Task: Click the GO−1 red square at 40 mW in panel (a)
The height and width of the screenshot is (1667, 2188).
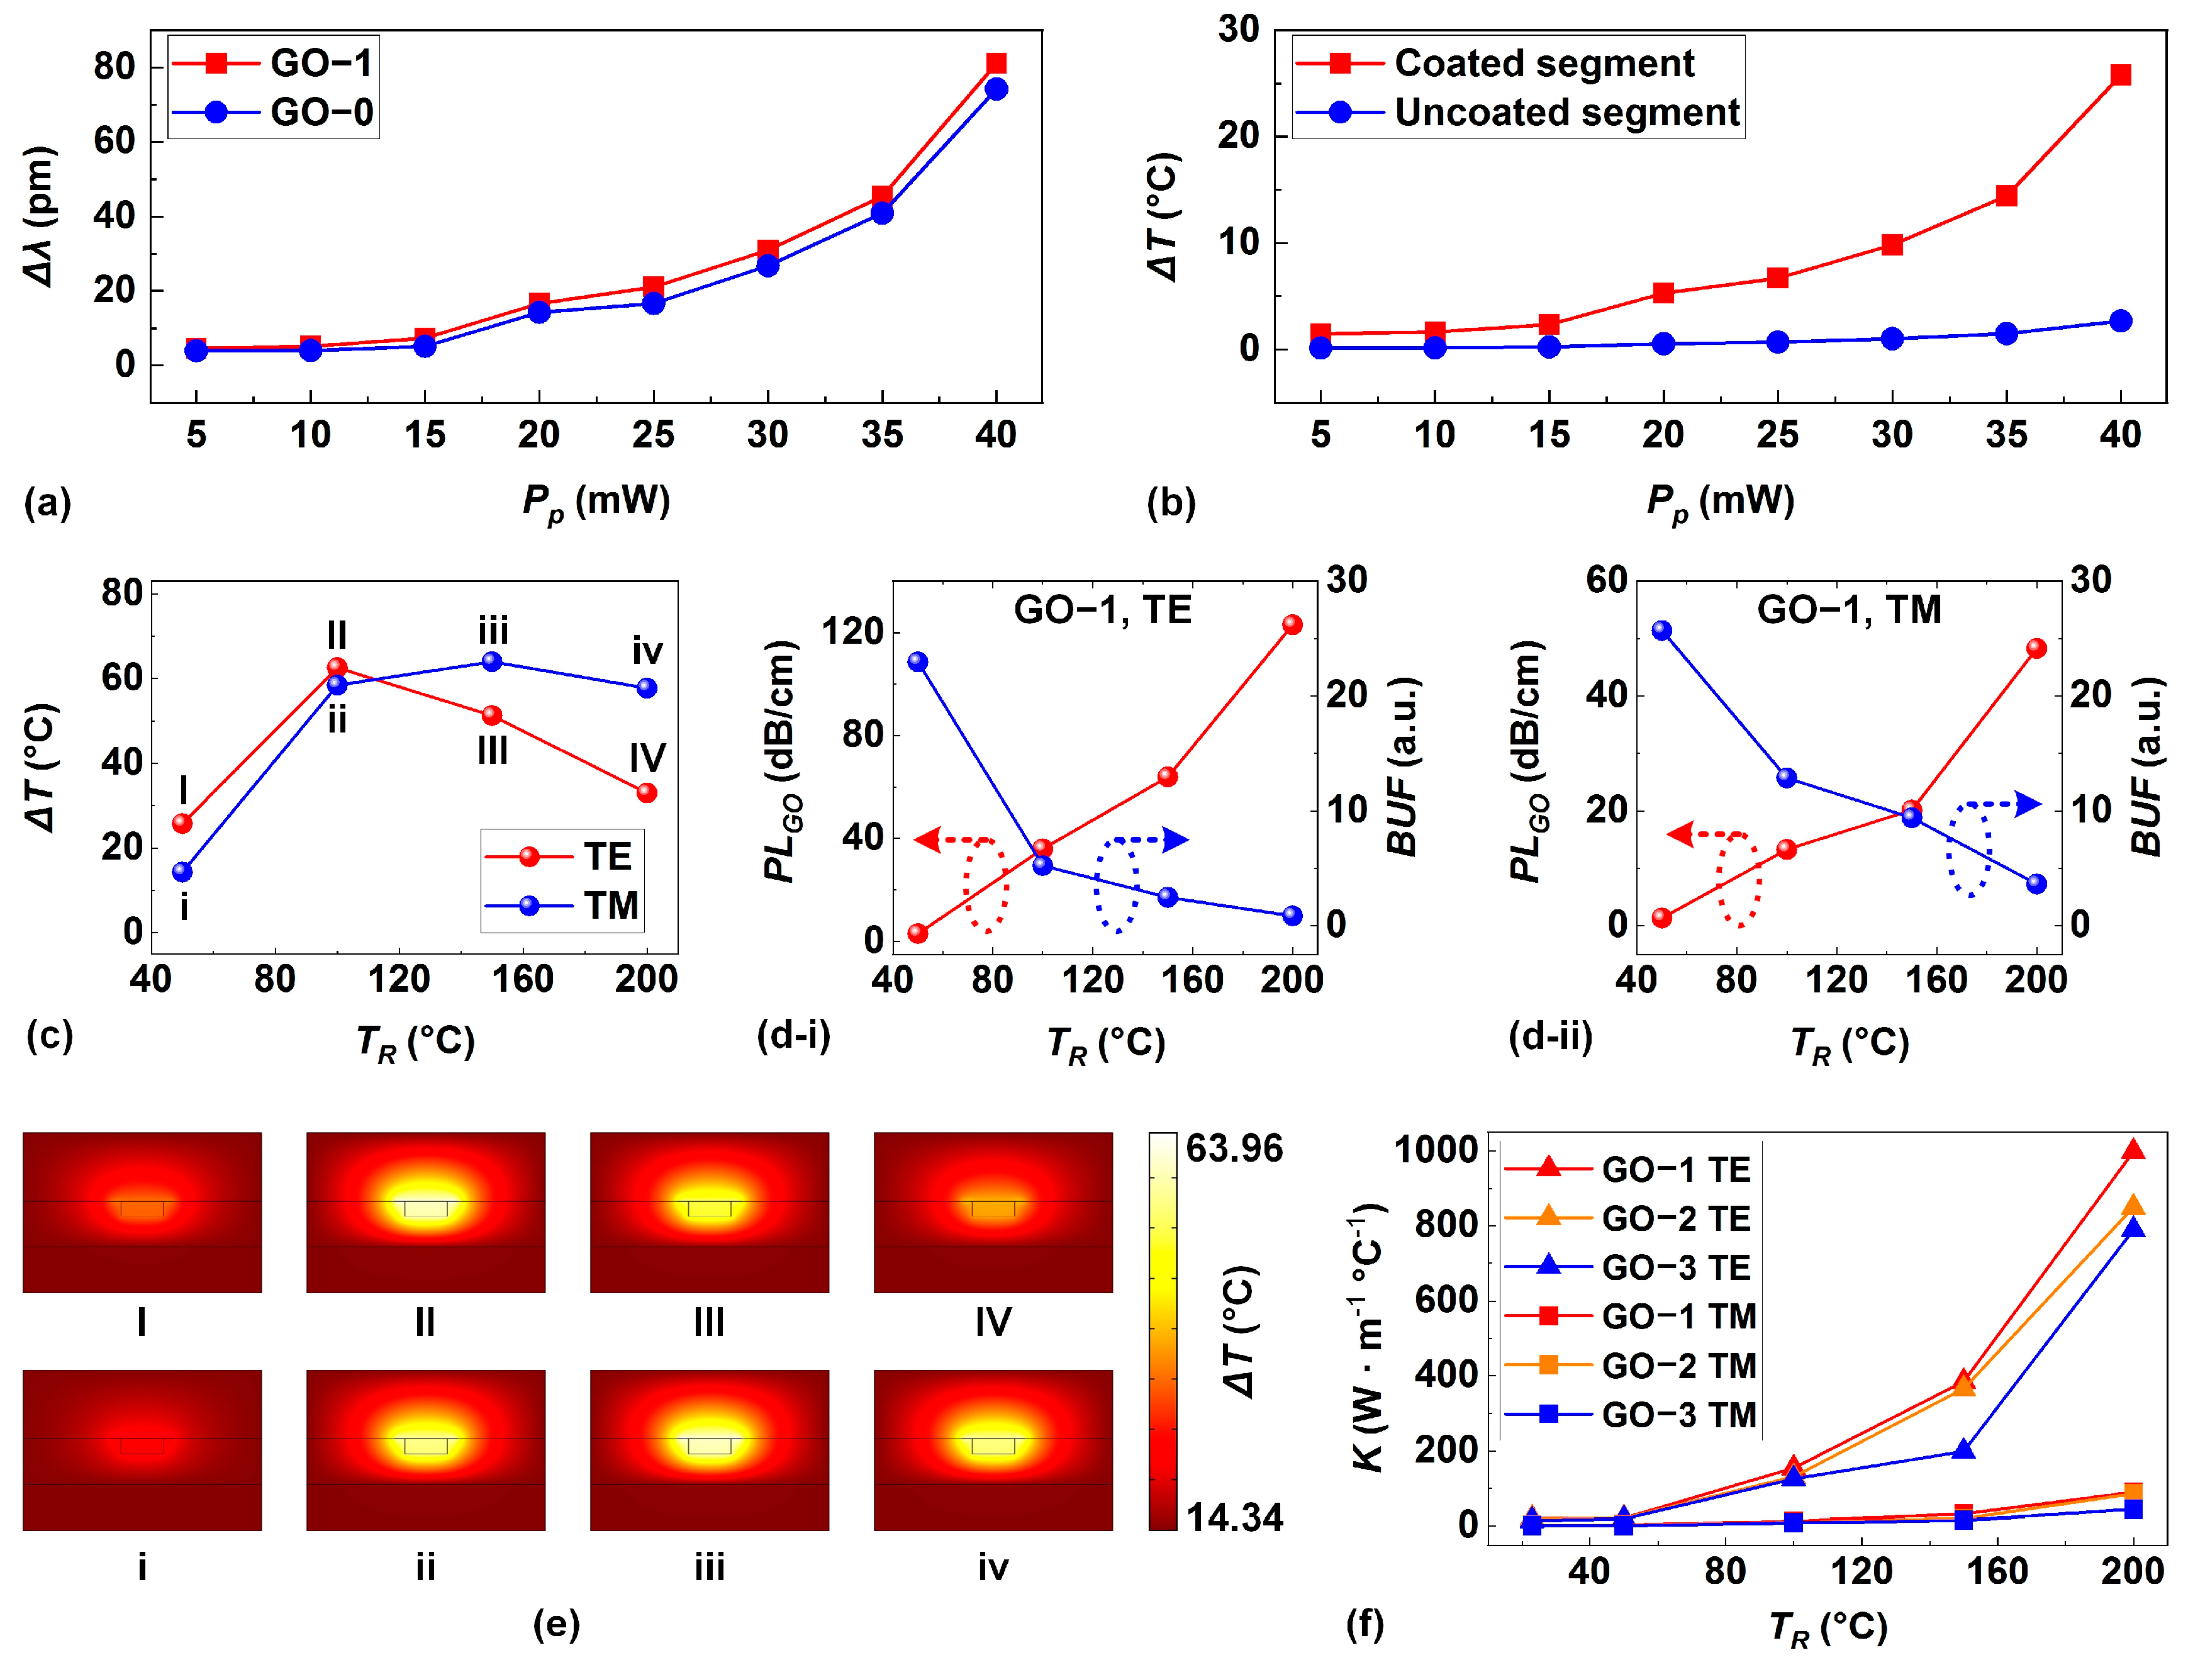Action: tap(996, 64)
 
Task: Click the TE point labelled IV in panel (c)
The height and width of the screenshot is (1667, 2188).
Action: tap(647, 792)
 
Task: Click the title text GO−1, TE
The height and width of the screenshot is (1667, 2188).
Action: tap(1102, 609)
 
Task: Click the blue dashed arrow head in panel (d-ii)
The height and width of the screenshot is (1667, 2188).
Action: tap(2028, 804)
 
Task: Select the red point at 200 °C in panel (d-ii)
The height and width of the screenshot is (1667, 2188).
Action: tap(2036, 648)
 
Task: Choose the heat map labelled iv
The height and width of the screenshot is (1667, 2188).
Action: tap(993, 1450)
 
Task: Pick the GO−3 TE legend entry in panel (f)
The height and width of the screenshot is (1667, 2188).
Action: tap(1675, 1267)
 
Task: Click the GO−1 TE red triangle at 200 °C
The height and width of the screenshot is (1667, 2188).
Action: tap(2133, 1150)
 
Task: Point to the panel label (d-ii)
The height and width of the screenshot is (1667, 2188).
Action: tap(1550, 1036)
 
